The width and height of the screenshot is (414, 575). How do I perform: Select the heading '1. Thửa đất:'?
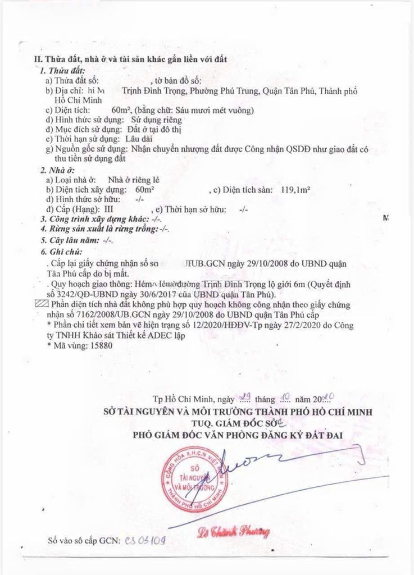pyautogui.click(x=62, y=72)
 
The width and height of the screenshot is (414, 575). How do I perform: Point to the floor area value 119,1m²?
pyautogui.click(x=295, y=189)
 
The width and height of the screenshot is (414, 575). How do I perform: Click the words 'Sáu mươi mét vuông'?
pyautogui.click(x=215, y=110)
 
